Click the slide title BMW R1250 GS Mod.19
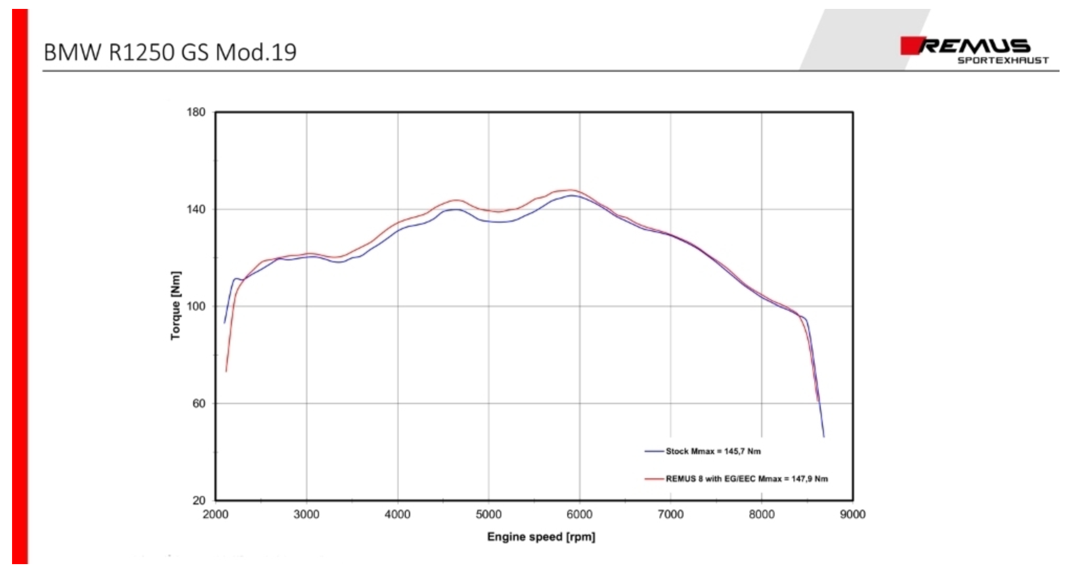point(170,52)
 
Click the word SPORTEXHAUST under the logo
point(1003,61)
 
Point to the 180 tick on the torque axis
point(196,112)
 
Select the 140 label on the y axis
point(196,210)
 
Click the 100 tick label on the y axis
point(196,306)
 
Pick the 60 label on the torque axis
point(199,403)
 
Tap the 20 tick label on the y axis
point(199,501)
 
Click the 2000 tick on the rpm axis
point(215,515)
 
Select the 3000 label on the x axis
point(306,515)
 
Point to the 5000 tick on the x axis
point(489,515)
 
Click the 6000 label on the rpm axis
point(579,515)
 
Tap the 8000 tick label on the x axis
point(762,515)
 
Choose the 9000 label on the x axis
point(853,515)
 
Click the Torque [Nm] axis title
point(175,306)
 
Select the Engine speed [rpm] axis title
point(541,537)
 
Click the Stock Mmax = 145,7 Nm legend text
point(713,452)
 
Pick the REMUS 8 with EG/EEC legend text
point(747,479)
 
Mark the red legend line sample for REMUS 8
point(654,479)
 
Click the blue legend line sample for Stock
point(654,452)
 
